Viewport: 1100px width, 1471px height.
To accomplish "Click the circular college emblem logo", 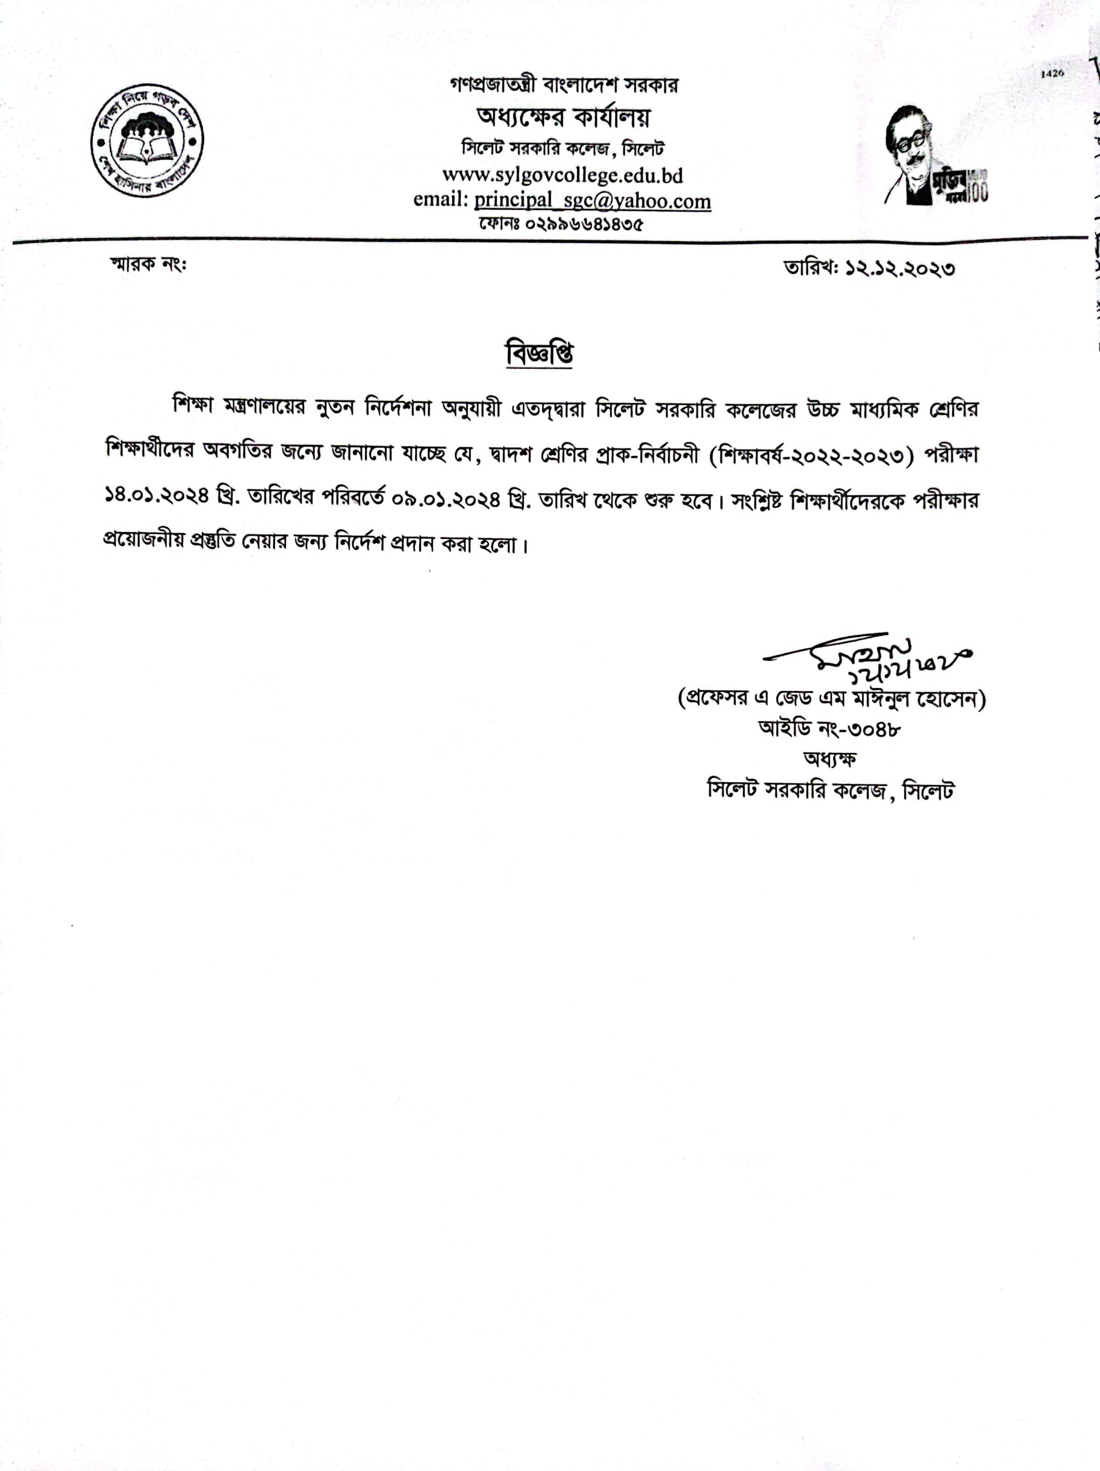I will pos(147,140).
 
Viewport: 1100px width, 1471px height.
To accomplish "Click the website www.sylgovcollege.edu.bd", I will pos(563,175).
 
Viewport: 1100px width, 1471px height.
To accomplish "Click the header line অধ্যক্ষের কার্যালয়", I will pos(563,117).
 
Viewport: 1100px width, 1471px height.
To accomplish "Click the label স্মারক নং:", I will pos(148,264).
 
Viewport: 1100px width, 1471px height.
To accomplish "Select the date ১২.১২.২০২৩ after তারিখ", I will pos(900,269).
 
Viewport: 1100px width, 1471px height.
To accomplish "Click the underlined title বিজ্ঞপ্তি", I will pos(540,353).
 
